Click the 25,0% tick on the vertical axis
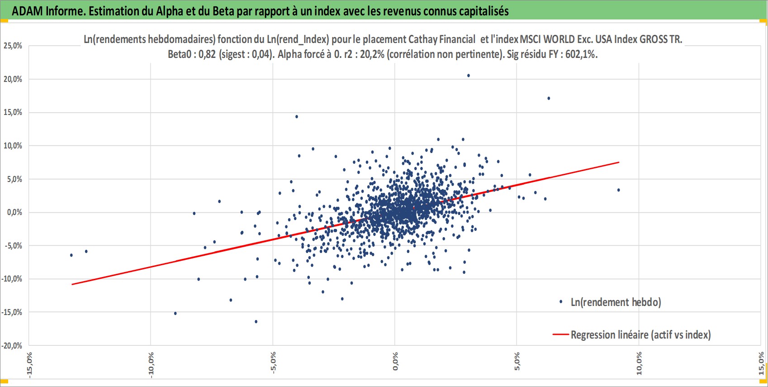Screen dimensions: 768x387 pyautogui.click(x=13, y=46)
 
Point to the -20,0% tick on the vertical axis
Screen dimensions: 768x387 pyautogui.click(x=12, y=345)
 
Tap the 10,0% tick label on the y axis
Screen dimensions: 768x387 pyautogui.click(x=13, y=145)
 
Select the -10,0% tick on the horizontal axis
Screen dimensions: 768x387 pyautogui.click(x=151, y=365)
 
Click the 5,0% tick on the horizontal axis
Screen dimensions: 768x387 pyautogui.click(x=517, y=361)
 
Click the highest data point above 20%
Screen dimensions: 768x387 pyautogui.click(x=469, y=76)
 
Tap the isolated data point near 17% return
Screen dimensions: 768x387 pyautogui.click(x=549, y=98)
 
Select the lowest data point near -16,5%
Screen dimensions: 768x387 pyautogui.click(x=256, y=321)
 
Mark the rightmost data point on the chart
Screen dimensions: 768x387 pyautogui.click(x=618, y=190)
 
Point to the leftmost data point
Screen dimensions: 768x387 pyautogui.click(x=71, y=255)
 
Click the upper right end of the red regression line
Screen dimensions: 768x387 pyautogui.click(x=619, y=162)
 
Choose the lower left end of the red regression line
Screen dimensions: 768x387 pyautogui.click(x=72, y=284)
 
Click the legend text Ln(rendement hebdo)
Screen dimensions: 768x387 pyautogui.click(x=616, y=302)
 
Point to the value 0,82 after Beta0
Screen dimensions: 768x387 pyautogui.click(x=207, y=55)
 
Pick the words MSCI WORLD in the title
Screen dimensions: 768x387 pyautogui.click(x=547, y=39)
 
